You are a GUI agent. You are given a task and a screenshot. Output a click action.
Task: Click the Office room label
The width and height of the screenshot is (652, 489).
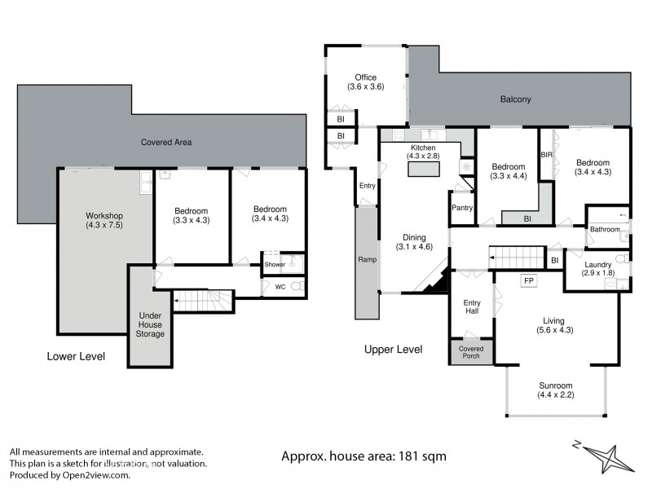pyautogui.click(x=365, y=77)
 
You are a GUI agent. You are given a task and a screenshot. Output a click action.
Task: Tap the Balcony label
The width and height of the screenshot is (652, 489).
pyautogui.click(x=515, y=100)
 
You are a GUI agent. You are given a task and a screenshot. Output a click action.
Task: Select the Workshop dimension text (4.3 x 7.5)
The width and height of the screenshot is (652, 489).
pyautogui.click(x=104, y=226)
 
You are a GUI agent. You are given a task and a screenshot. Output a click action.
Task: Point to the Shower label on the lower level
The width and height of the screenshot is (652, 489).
pyautogui.click(x=274, y=264)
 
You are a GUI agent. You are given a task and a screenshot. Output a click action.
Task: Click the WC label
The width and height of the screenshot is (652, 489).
pyautogui.click(x=280, y=287)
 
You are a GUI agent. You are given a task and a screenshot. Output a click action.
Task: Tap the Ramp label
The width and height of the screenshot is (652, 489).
pyautogui.click(x=367, y=260)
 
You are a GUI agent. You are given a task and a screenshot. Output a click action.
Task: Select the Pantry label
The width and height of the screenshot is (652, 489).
pyautogui.click(x=462, y=208)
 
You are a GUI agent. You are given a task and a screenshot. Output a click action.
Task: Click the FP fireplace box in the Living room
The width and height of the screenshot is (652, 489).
pyautogui.click(x=528, y=281)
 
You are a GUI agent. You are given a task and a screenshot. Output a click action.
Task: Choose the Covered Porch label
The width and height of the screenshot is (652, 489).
pyautogui.click(x=471, y=353)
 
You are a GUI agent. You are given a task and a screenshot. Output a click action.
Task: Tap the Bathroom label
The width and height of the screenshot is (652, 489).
pyautogui.click(x=605, y=230)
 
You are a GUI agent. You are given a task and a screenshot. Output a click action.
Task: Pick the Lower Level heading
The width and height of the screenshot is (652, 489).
pyautogui.click(x=74, y=356)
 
